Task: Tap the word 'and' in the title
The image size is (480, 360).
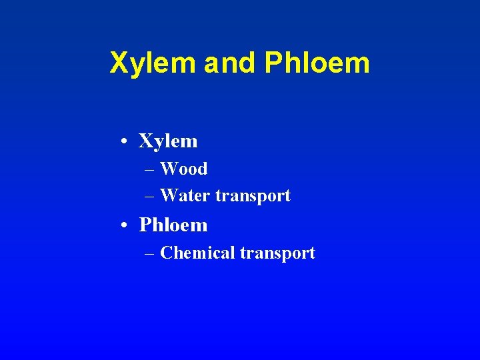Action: pos(229,63)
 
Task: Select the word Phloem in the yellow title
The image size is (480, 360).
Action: pos(317,63)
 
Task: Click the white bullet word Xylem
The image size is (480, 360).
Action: pos(168,141)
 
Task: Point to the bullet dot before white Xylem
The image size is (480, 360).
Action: pos(125,141)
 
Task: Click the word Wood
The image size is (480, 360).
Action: pos(184,169)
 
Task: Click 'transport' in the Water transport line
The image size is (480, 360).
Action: pos(253,197)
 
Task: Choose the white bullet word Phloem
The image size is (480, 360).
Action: pos(173,225)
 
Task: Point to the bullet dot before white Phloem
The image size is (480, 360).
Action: pos(125,226)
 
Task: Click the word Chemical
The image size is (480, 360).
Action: pos(197,253)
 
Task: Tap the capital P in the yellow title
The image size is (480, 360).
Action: pos(273,63)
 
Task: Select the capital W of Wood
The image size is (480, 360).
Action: pos(168,169)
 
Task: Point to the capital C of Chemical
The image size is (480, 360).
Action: pos(166,253)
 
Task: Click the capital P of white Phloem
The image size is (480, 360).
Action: pos(145,225)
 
